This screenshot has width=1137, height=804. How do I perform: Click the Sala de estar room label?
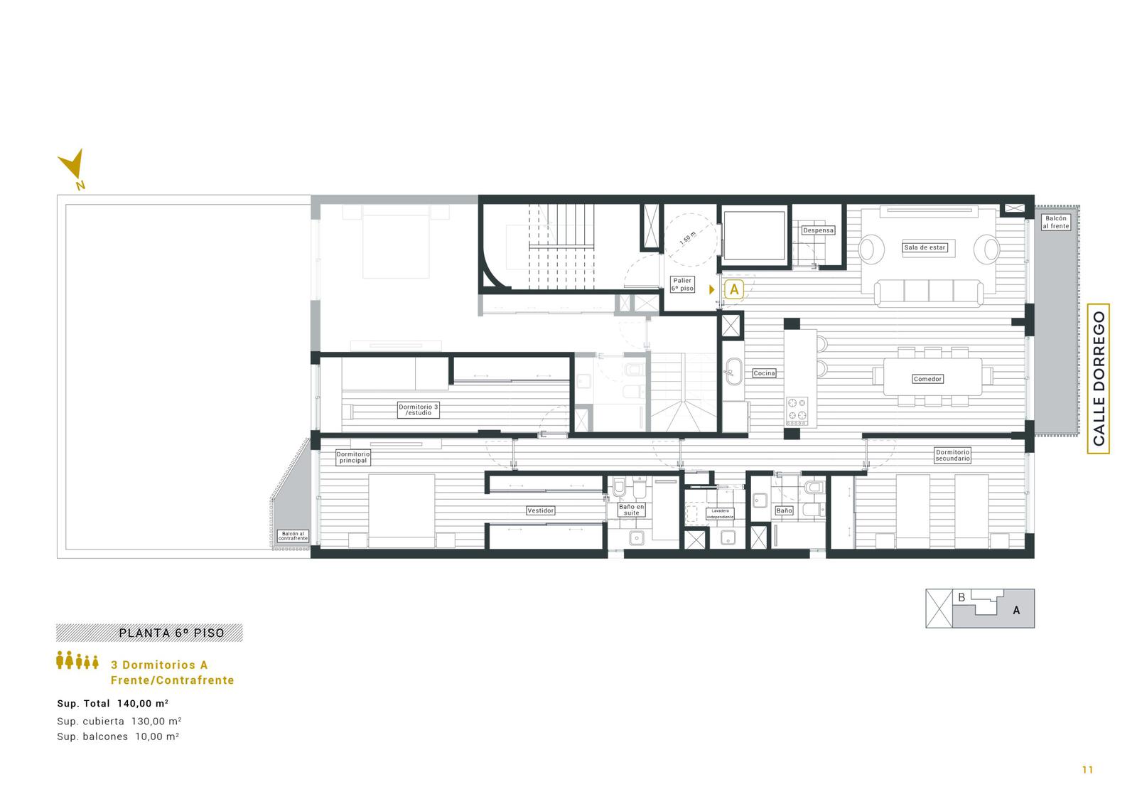(x=925, y=247)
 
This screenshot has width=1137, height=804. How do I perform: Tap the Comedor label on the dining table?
(x=927, y=379)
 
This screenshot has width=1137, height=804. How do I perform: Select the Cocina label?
(x=764, y=372)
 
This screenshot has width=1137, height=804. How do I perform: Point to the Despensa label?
(x=818, y=230)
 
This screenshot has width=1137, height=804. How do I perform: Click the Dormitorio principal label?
(x=352, y=457)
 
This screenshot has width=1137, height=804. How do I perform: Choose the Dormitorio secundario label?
(x=952, y=455)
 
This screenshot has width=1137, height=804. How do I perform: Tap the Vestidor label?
(x=541, y=510)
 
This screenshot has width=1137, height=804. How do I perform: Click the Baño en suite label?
(x=632, y=510)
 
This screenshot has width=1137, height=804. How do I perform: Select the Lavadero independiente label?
(x=720, y=513)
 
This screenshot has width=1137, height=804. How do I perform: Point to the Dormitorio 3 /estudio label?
(x=419, y=410)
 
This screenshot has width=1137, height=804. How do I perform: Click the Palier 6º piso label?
(x=682, y=284)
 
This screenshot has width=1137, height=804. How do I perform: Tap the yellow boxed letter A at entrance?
(x=734, y=289)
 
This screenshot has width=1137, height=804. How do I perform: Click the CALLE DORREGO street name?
(x=1099, y=378)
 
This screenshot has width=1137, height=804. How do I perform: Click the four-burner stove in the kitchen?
(x=797, y=411)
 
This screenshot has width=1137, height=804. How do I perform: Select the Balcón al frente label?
(x=1056, y=222)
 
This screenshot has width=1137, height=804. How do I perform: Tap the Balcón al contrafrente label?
(x=293, y=536)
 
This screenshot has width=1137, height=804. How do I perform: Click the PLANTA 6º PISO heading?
(x=171, y=633)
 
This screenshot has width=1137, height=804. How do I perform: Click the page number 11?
(x=1087, y=770)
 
